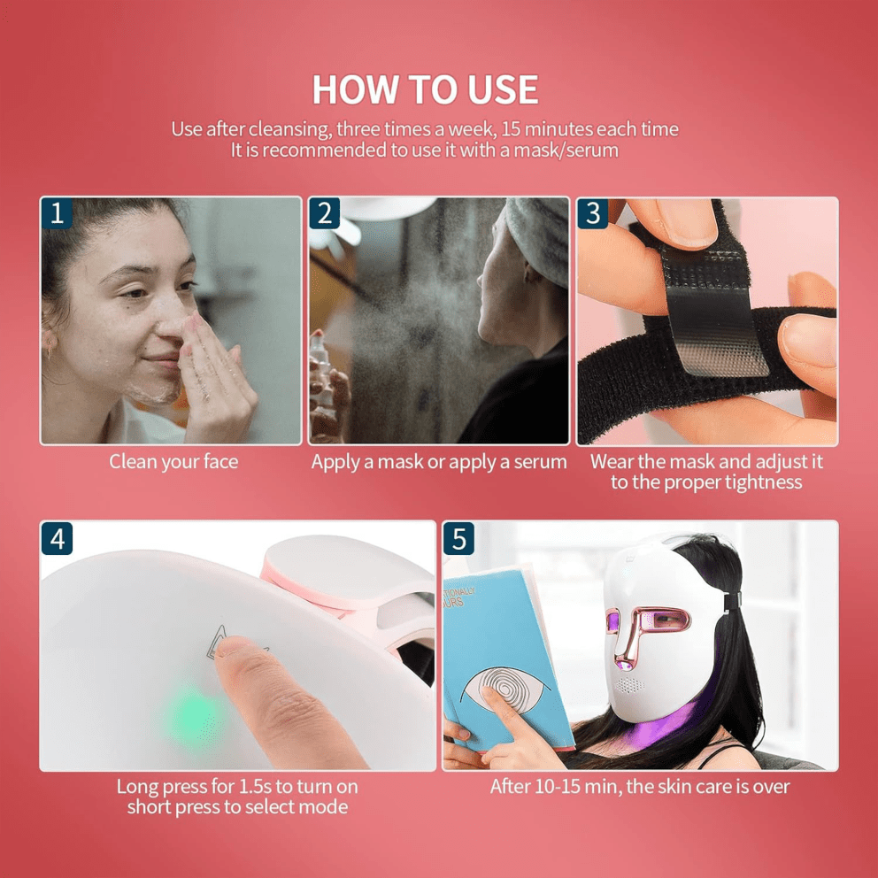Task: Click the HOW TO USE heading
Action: pyautogui.click(x=425, y=89)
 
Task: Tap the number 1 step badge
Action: pyautogui.click(x=57, y=213)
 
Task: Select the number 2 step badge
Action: pyautogui.click(x=325, y=213)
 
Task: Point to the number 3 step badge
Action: pyautogui.click(x=593, y=213)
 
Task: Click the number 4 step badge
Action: pyautogui.click(x=57, y=538)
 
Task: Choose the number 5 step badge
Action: pyautogui.click(x=458, y=538)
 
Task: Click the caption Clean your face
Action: pyautogui.click(x=173, y=461)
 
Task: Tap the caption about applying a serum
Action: pyautogui.click(x=439, y=461)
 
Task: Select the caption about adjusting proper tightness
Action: pyautogui.click(x=706, y=472)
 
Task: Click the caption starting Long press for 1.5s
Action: pyautogui.click(x=237, y=796)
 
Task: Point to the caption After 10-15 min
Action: pyautogui.click(x=640, y=786)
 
